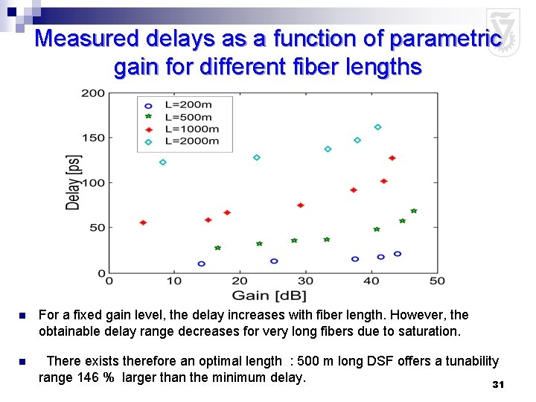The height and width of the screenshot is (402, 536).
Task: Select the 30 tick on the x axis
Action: pyautogui.click(x=305, y=281)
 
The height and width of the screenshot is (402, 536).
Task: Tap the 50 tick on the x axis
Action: pyautogui.click(x=437, y=281)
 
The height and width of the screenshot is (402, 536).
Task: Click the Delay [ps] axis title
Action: pyautogui.click(x=73, y=182)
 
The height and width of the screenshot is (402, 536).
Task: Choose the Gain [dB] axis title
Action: pyautogui.click(x=273, y=296)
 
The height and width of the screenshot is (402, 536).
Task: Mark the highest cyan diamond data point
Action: pyautogui.click(x=377, y=127)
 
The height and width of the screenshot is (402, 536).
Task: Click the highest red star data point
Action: pyautogui.click(x=392, y=158)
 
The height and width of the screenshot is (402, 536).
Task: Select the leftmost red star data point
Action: pyautogui.click(x=143, y=223)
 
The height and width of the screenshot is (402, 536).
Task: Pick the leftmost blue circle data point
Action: pyautogui.click(x=201, y=264)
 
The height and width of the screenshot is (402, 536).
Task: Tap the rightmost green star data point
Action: pyautogui.click(x=414, y=211)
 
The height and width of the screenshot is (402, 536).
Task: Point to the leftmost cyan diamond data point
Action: pyautogui.click(x=163, y=162)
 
